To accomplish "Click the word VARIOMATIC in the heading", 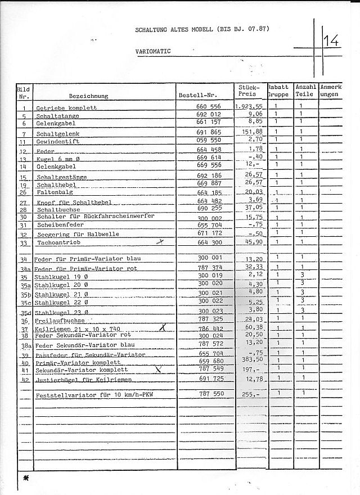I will point(153,51).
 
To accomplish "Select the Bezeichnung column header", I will point(88,96).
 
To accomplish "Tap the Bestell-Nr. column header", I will point(197,95).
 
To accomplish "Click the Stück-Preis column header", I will point(248,91).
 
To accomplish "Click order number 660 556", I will point(208,107).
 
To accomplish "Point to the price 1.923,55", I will point(249,107).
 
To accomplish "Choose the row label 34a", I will point(25,269).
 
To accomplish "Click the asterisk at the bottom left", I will point(25,477).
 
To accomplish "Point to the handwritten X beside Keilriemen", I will point(163,326).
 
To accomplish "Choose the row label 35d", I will point(25,312).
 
